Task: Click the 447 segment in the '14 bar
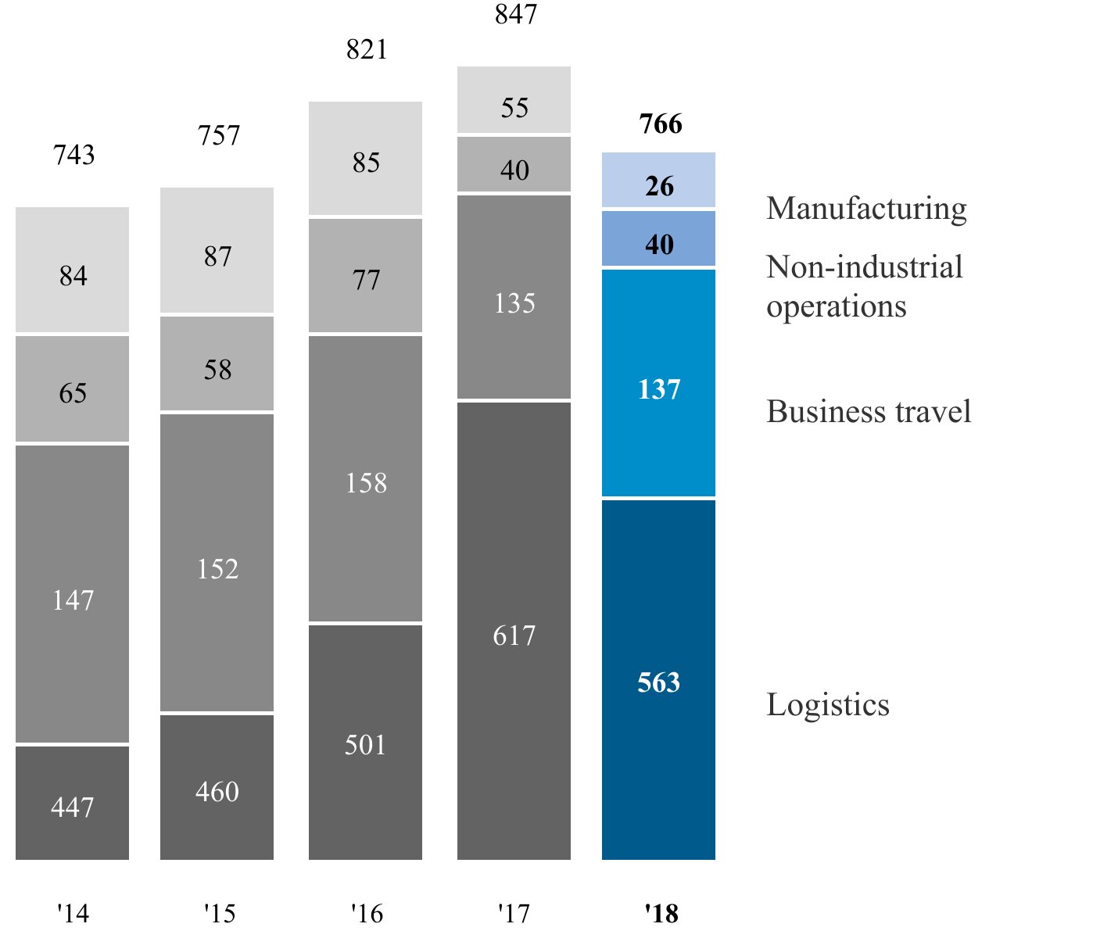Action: [x=72, y=804]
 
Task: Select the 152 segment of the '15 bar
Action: [x=217, y=564]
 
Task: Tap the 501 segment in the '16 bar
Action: [x=365, y=742]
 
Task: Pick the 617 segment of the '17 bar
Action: [x=514, y=631]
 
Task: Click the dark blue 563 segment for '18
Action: [x=658, y=679]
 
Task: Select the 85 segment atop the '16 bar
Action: [x=365, y=159]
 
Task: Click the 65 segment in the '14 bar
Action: [x=72, y=389]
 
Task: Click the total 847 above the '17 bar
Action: [x=515, y=15]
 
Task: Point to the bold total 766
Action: [x=661, y=124]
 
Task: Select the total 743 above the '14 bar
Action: [x=74, y=155]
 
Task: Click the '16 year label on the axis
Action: [x=367, y=912]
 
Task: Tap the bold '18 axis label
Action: [x=661, y=912]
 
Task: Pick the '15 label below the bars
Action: [x=220, y=912]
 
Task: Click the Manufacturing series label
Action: [x=866, y=209]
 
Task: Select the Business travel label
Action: [x=869, y=412]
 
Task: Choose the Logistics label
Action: [x=828, y=705]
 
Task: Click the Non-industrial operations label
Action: [x=864, y=286]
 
